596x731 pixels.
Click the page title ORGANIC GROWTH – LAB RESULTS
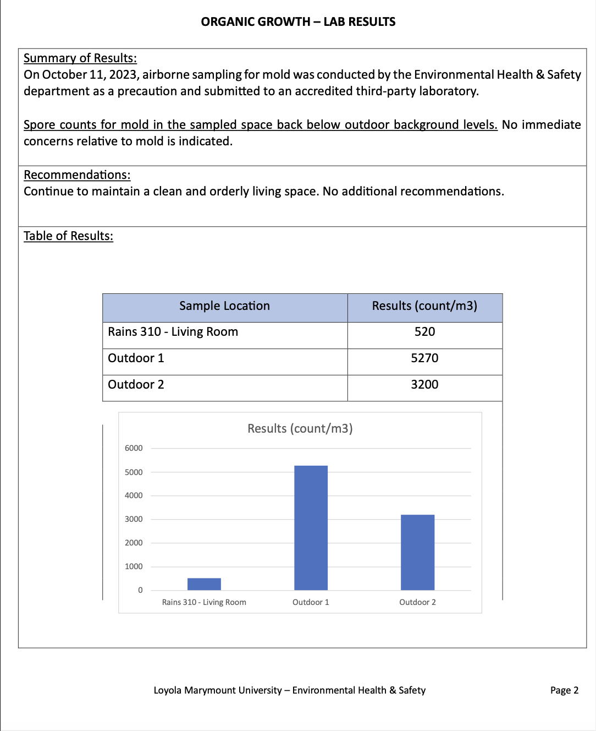click(298, 22)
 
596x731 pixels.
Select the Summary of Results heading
click(80, 58)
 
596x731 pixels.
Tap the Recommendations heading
click(77, 175)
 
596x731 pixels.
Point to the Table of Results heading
click(68, 236)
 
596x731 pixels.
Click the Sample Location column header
click(224, 306)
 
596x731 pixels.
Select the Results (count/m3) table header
click(424, 306)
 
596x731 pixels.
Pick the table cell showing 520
click(424, 332)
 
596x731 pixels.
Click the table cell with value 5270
click(424, 358)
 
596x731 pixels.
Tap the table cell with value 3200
click(424, 385)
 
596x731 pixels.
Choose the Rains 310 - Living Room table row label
click(173, 332)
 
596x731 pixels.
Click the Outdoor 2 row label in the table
click(136, 385)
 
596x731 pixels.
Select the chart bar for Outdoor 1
click(311, 528)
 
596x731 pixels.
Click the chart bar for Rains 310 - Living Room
click(204, 584)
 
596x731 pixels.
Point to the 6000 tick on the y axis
click(134, 448)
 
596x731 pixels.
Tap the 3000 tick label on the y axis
click(134, 519)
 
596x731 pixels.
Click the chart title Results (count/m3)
click(300, 429)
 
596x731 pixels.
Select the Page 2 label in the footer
click(564, 690)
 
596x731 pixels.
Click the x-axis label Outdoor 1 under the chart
click(311, 602)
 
